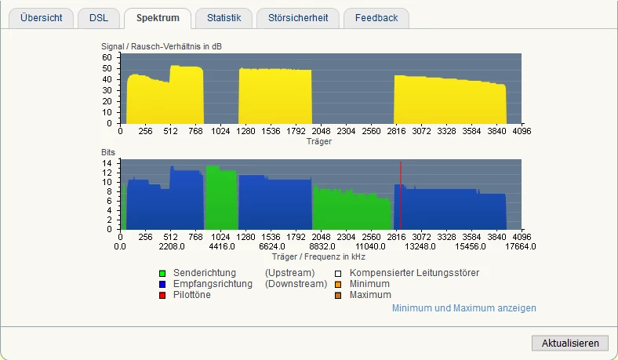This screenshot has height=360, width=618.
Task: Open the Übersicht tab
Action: point(42,18)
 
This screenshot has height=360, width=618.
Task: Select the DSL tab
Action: point(99,18)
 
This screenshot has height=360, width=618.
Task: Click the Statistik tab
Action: point(224,18)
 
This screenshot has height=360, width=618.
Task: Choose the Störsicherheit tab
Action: point(298,18)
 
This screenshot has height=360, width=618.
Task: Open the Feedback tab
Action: point(376,18)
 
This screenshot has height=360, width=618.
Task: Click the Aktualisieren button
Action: point(569,343)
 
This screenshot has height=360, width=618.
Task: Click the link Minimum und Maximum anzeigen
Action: point(464,308)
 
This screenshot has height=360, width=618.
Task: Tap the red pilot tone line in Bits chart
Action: point(401,196)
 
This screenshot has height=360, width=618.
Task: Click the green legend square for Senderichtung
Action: point(162,273)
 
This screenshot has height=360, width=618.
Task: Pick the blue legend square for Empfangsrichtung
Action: point(162,284)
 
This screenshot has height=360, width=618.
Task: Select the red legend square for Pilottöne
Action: point(162,295)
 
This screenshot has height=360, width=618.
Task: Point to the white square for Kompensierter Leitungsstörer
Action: point(338,273)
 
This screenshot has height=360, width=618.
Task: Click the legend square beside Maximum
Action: point(338,295)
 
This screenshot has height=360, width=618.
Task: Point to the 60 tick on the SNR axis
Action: point(107,56)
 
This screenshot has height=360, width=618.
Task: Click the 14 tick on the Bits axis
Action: point(107,163)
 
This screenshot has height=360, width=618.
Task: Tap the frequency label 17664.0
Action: point(521,246)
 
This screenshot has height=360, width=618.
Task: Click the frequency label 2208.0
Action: point(170,246)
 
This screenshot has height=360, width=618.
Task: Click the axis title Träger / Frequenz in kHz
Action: point(318,256)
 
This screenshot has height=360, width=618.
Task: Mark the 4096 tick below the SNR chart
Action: point(522,131)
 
